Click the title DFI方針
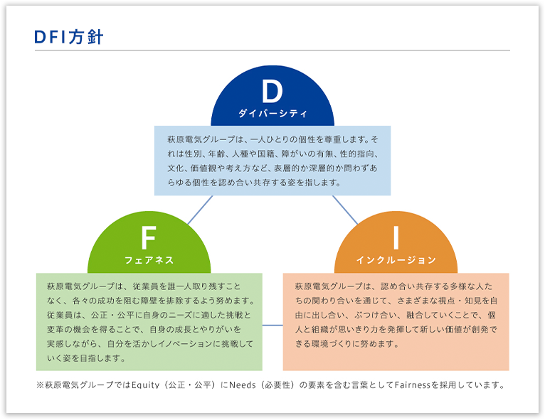(x=69, y=37)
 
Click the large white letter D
(x=272, y=91)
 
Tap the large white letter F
(x=149, y=238)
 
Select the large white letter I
(x=396, y=238)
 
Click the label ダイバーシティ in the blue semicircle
(x=272, y=114)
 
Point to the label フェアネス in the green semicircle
(x=149, y=260)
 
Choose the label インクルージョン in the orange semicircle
(x=396, y=260)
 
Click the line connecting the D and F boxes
(x=200, y=210)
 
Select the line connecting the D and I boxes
(x=345, y=210)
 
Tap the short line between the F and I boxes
(x=272, y=325)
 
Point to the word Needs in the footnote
(x=242, y=385)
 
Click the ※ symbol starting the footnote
(x=41, y=385)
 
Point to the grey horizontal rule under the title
(x=272, y=50)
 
